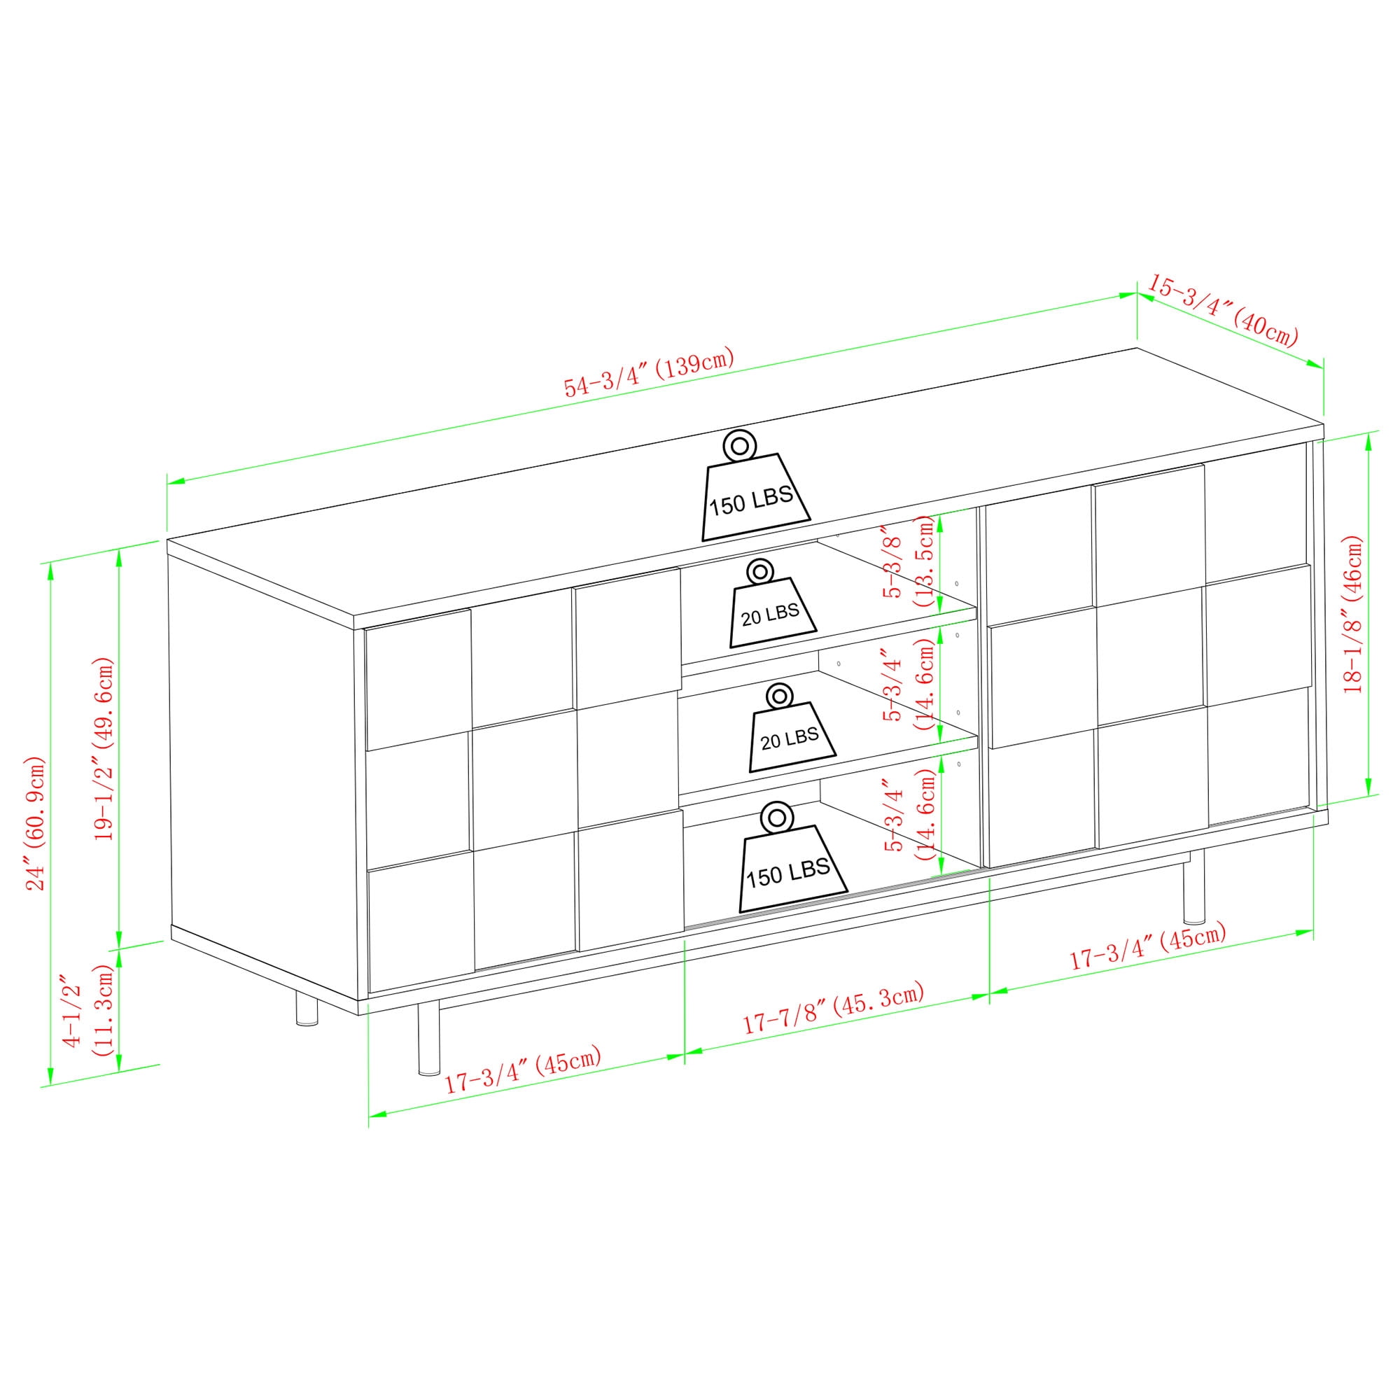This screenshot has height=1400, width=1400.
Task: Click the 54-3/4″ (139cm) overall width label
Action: pos(650,372)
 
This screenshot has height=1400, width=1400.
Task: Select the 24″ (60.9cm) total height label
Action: pos(36,822)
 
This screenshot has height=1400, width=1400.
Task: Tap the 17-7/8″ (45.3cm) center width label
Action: pos(832,1008)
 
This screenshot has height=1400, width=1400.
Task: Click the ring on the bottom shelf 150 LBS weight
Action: pos(777,818)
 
